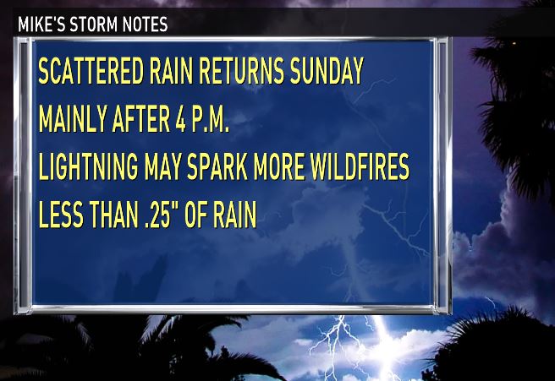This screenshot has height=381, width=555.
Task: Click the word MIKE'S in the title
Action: point(41,24)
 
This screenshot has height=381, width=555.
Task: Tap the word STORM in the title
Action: point(93,24)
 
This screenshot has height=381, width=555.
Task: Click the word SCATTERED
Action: point(91,71)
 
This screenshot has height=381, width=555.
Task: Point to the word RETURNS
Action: point(242,71)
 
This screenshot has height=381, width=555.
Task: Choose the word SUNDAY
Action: point(327,71)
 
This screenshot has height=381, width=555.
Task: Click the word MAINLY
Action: point(73,119)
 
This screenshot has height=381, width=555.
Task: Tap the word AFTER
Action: point(141,119)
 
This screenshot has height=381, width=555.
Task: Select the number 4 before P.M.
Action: point(181,119)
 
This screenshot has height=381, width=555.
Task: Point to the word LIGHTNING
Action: point(89,166)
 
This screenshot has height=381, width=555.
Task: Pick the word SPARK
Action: point(217,166)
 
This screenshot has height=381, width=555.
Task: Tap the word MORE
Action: point(279,166)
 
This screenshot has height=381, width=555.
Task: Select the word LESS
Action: point(61,215)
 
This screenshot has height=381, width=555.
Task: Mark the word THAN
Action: point(113,215)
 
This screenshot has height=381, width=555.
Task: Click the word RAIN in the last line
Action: point(234,215)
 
